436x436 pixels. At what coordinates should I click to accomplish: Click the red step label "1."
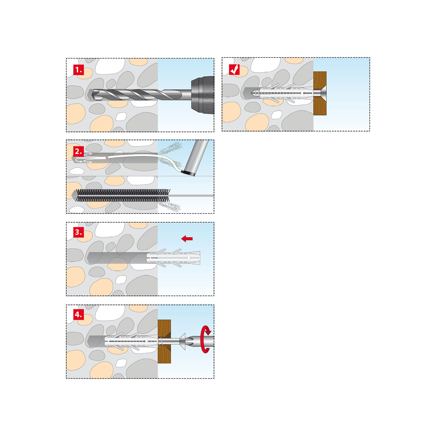pyautogui.click(x=78, y=70)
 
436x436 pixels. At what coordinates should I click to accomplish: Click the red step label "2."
pyautogui.click(x=78, y=151)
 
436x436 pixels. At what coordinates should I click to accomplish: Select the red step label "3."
pyautogui.click(x=78, y=232)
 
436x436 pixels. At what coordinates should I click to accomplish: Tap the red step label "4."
pyautogui.click(x=78, y=315)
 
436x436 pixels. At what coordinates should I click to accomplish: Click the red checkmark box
pyautogui.click(x=234, y=69)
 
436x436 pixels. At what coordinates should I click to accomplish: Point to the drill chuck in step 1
pyautogui.click(x=203, y=95)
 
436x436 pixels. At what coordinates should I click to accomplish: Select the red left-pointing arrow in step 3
pyautogui.click(x=187, y=238)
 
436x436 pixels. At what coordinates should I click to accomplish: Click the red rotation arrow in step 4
pyautogui.click(x=206, y=339)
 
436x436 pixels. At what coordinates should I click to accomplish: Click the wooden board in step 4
pyautogui.click(x=164, y=341)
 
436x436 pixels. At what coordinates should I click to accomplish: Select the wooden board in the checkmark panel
pyautogui.click(x=320, y=93)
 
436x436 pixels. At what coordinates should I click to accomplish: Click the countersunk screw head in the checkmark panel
pyautogui.click(x=320, y=93)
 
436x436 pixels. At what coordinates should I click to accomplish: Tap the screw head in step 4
pyautogui.click(x=182, y=341)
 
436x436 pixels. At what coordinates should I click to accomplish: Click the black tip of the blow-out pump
pyautogui.click(x=188, y=173)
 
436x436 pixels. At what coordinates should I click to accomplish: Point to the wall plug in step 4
pyautogui.click(x=132, y=341)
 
